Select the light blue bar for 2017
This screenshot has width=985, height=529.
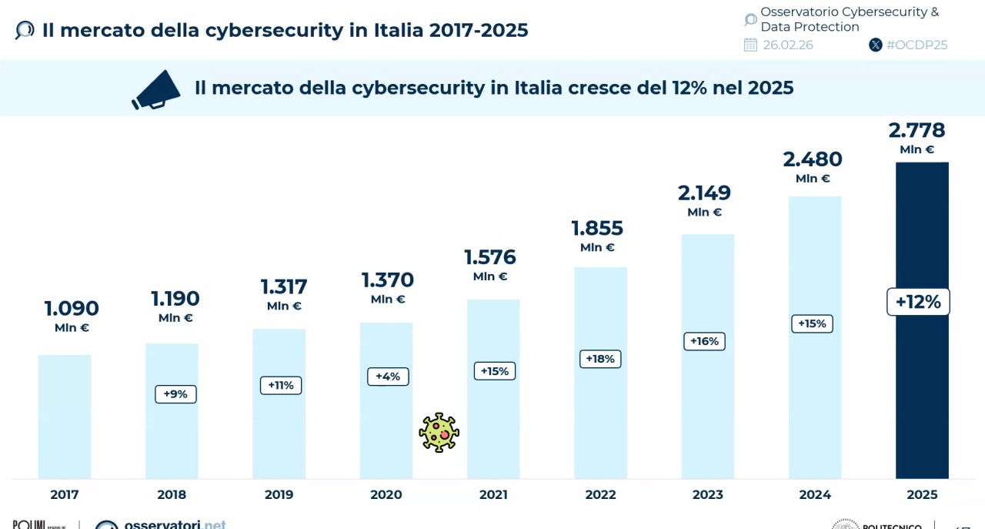pos(65,416)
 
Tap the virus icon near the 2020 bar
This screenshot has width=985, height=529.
pos(439,432)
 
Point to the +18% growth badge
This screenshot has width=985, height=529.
pos(600,359)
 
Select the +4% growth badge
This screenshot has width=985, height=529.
pos(388,377)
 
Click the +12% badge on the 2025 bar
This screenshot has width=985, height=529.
pos(918,302)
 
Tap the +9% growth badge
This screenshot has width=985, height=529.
pos(175,394)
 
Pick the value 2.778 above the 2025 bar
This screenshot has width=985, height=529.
pos(917,130)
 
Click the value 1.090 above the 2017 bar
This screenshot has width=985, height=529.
pos(72,308)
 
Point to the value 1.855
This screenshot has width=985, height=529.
pos(597,228)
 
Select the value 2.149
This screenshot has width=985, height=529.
pos(704,193)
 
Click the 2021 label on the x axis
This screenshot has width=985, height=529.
pos(493,494)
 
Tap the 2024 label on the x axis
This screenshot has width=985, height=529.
pos(815,494)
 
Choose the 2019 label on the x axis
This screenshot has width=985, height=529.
pos(279,494)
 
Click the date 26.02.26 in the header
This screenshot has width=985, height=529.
pos(788,45)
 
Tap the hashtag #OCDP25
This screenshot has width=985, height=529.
pos(917,45)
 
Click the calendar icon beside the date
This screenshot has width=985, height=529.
pos(750,45)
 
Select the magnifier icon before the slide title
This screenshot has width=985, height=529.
pos(25,30)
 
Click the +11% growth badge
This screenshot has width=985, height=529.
pos(281,385)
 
